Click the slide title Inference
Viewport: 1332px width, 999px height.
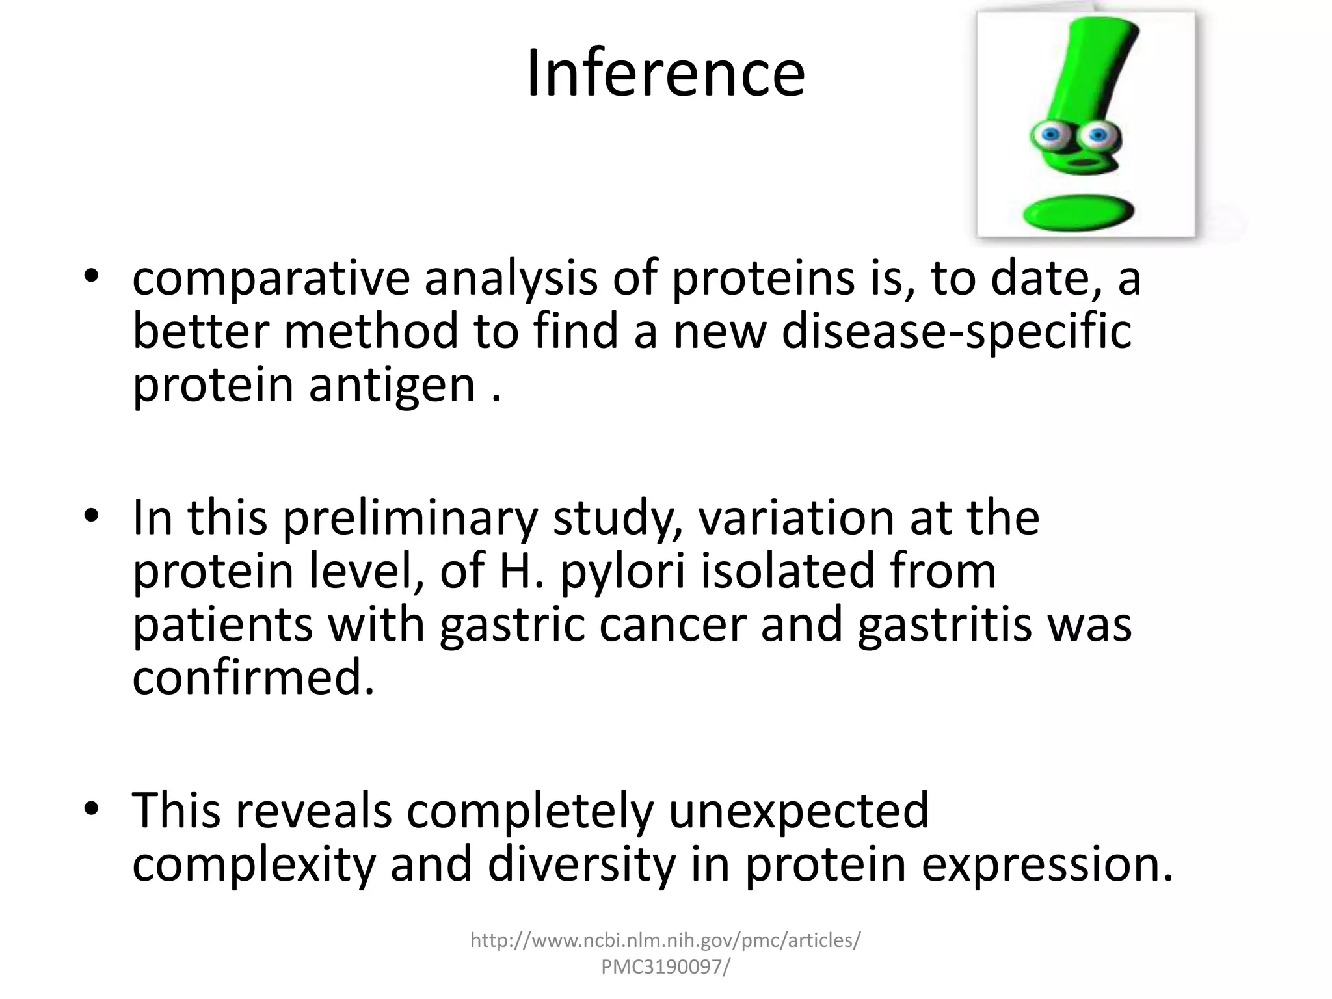665,73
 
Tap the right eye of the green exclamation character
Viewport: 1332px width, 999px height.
1098,135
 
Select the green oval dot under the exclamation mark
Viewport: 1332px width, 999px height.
1079,212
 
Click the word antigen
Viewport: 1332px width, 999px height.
393,385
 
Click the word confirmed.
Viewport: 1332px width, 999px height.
254,678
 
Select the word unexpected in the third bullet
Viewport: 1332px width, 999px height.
799,810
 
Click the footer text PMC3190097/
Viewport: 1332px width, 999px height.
665,967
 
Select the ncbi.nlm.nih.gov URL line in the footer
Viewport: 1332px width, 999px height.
665,940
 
